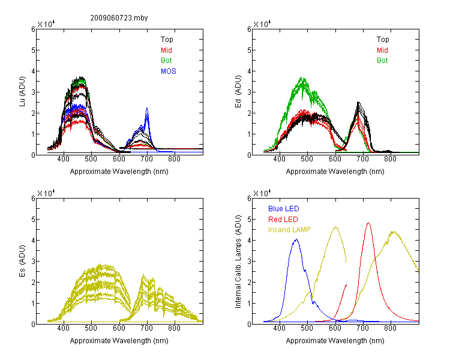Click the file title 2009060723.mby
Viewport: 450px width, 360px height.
click(119, 18)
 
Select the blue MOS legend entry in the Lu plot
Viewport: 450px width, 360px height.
click(169, 71)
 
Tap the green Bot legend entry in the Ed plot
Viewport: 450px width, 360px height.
click(382, 61)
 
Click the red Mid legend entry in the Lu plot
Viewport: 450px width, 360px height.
click(166, 50)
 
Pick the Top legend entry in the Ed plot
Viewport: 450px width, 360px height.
click(383, 40)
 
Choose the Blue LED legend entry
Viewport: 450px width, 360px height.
click(284, 209)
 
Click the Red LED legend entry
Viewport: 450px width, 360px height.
click(283, 220)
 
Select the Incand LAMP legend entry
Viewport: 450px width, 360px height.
click(289, 230)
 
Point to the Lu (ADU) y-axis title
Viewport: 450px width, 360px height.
click(22, 91)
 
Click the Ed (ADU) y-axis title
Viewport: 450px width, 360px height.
click(238, 92)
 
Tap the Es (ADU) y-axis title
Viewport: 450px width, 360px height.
click(22, 260)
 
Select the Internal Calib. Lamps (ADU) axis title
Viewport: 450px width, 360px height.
click(238, 262)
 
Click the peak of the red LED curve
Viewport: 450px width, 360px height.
click(368, 223)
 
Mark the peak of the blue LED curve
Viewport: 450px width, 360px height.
click(296, 239)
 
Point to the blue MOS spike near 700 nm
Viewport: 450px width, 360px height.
click(147, 108)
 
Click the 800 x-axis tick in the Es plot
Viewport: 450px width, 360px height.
click(174, 328)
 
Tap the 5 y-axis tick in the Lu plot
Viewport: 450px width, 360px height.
click(33, 50)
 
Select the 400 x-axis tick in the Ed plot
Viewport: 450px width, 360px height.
click(279, 159)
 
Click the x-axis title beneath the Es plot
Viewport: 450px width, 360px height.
click(119, 341)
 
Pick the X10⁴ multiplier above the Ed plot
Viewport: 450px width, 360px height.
click(262, 24)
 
